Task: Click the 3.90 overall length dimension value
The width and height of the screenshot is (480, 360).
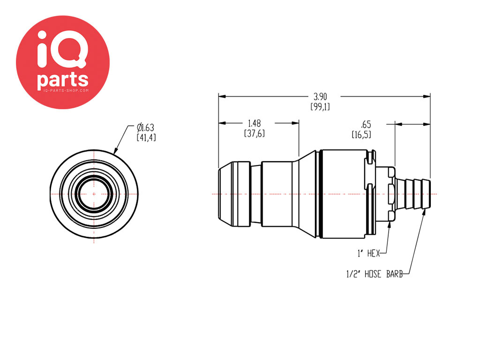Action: coord(320,97)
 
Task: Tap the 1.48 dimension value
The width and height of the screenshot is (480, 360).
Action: coord(255,123)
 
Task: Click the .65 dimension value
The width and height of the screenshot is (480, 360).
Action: coord(366,125)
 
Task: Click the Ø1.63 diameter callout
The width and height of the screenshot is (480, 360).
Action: coord(145,127)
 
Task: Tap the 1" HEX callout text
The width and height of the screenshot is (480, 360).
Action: coord(368,254)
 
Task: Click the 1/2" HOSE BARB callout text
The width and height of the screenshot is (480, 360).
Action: coord(375,274)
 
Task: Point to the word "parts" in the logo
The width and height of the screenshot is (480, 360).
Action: coord(63,80)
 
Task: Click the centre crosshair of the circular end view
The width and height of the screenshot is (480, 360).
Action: coord(94,194)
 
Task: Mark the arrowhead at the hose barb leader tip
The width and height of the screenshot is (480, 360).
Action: coord(424,212)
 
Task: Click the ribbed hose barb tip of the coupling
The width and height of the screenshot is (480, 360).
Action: coord(413,194)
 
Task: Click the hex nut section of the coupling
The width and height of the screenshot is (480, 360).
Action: coord(386,194)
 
